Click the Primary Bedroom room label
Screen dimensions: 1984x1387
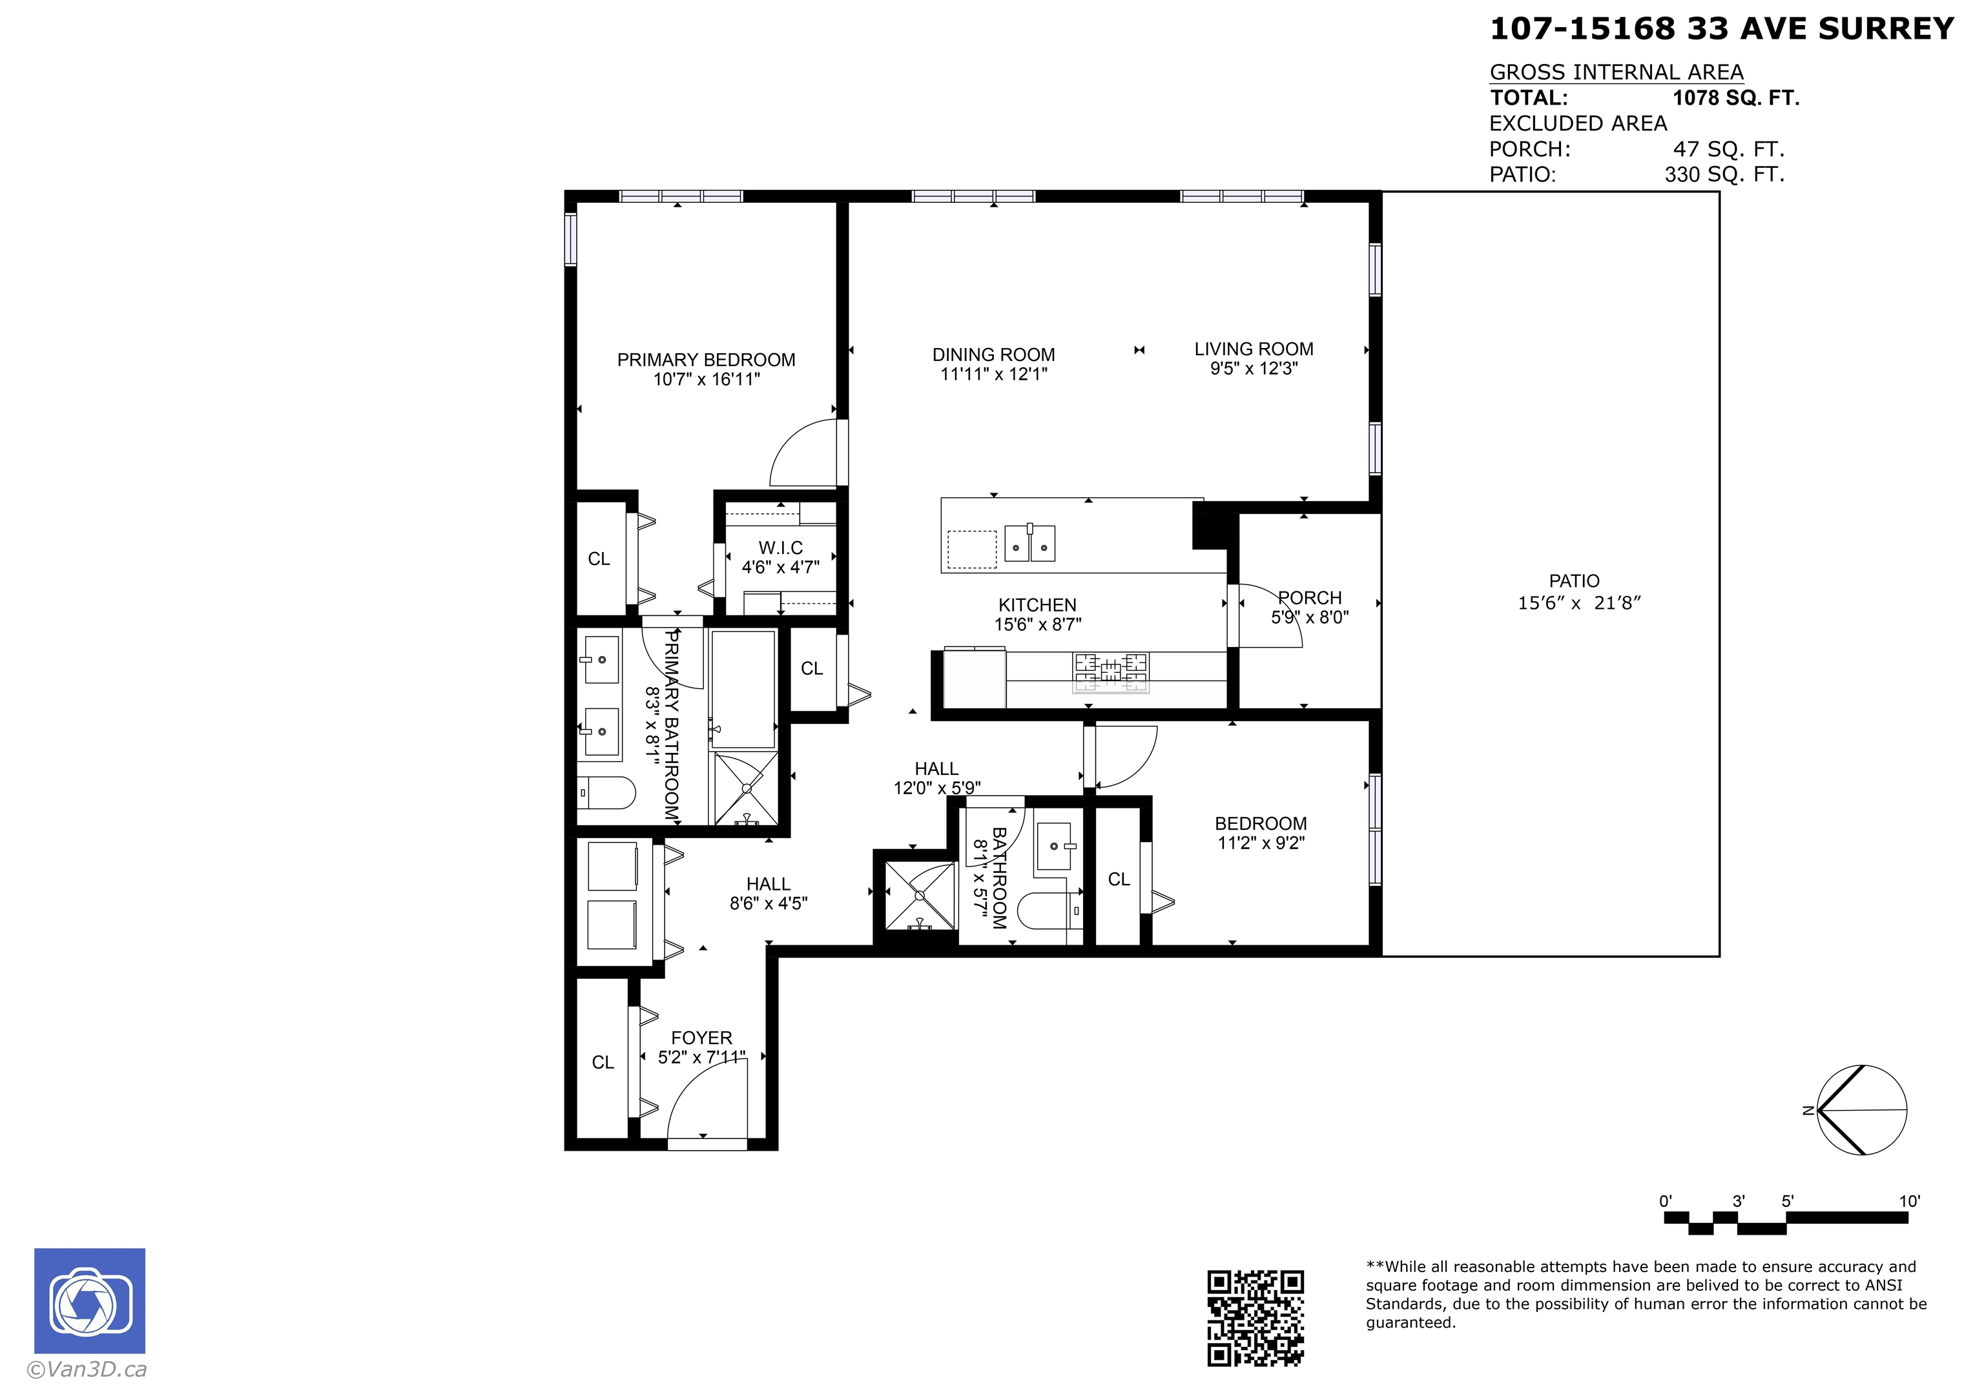coord(706,360)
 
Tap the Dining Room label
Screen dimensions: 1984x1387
coord(994,354)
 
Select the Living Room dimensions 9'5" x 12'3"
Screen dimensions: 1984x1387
coord(1254,368)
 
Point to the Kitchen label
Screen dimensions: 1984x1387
coord(1037,605)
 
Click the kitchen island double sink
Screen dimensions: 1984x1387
coord(1030,542)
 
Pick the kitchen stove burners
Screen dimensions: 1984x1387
coord(1111,672)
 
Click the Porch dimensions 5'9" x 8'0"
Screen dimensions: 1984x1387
coord(1309,617)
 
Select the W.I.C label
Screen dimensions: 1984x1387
coord(780,548)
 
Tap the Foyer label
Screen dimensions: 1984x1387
coord(701,1037)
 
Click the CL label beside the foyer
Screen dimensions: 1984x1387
coord(603,1062)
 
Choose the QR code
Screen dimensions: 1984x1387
coord(1255,1318)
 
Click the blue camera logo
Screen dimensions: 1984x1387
coord(90,1300)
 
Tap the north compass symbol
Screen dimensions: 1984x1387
coord(1861,1111)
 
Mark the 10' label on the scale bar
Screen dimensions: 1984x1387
coord(1909,1201)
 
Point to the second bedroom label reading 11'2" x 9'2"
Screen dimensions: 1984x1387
coord(1261,843)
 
